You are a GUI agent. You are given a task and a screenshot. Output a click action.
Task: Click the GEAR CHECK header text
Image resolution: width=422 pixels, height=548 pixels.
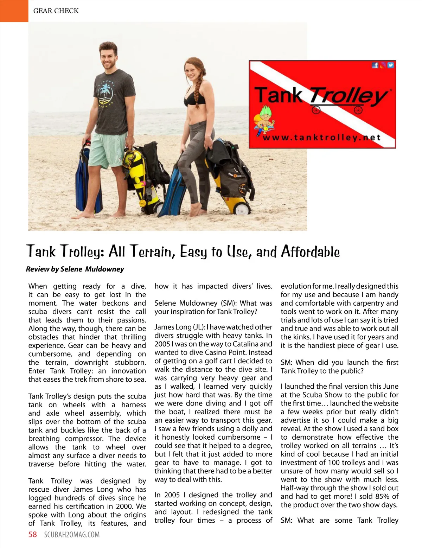56,11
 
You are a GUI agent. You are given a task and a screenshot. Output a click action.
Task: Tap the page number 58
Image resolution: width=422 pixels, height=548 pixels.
33,535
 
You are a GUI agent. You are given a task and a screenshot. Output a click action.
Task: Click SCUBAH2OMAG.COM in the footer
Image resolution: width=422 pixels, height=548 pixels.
72,535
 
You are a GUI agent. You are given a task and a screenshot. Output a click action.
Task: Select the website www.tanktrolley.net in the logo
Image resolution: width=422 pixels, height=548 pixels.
321,138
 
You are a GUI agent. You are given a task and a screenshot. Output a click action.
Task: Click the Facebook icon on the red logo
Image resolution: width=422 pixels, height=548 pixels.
375,65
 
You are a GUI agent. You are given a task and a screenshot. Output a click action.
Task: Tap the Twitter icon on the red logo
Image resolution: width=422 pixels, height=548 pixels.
390,65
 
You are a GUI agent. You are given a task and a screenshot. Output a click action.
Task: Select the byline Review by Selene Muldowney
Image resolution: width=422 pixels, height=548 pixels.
75,269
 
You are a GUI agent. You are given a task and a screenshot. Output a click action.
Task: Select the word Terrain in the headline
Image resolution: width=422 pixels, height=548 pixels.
152,252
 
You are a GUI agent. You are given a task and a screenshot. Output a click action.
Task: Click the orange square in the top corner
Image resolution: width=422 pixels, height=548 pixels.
14,11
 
